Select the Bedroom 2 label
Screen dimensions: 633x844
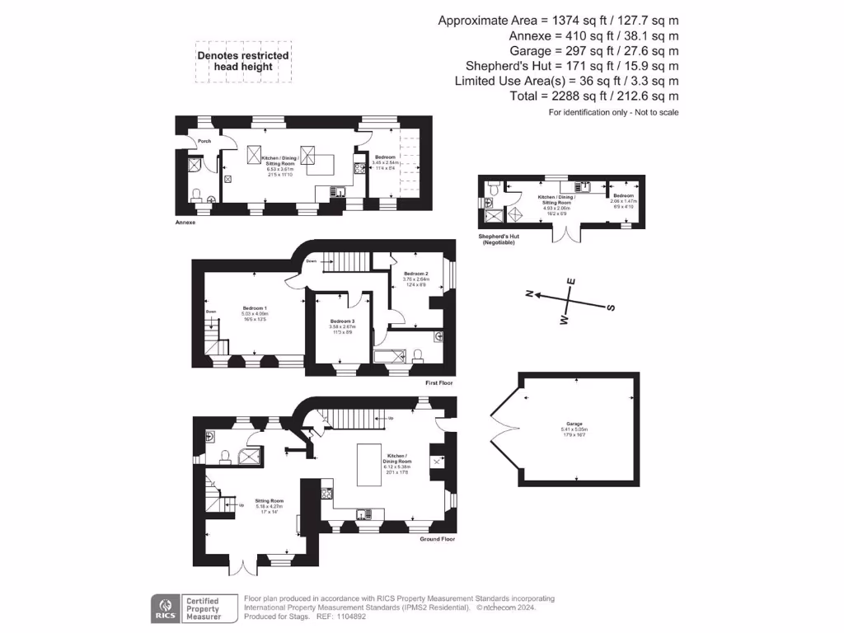[x=415, y=274]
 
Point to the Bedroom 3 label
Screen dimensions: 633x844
[x=342, y=321]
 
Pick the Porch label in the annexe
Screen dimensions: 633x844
[x=204, y=141]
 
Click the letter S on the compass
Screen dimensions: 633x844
[x=610, y=307]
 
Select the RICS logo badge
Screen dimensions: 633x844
[x=162, y=609]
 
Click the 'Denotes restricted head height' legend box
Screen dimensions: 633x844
[x=242, y=62]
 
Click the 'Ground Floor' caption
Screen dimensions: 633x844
[x=437, y=539]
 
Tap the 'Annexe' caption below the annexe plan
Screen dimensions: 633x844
[x=185, y=223]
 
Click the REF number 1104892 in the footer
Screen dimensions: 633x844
[x=354, y=617]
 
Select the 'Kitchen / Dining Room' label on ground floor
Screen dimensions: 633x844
[x=397, y=458]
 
